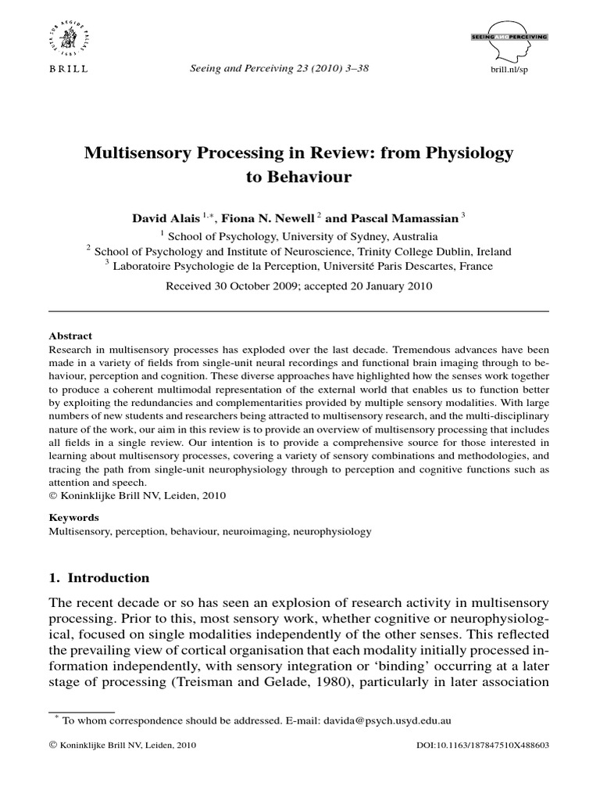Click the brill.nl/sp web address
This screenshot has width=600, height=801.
(508, 70)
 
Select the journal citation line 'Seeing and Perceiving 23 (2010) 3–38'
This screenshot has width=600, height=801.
(280, 69)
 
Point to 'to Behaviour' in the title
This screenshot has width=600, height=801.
(299, 177)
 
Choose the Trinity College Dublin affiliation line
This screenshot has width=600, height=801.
(299, 251)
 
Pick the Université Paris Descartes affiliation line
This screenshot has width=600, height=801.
(299, 266)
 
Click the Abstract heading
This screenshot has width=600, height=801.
(70, 335)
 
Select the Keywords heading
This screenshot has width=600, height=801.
(74, 517)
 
